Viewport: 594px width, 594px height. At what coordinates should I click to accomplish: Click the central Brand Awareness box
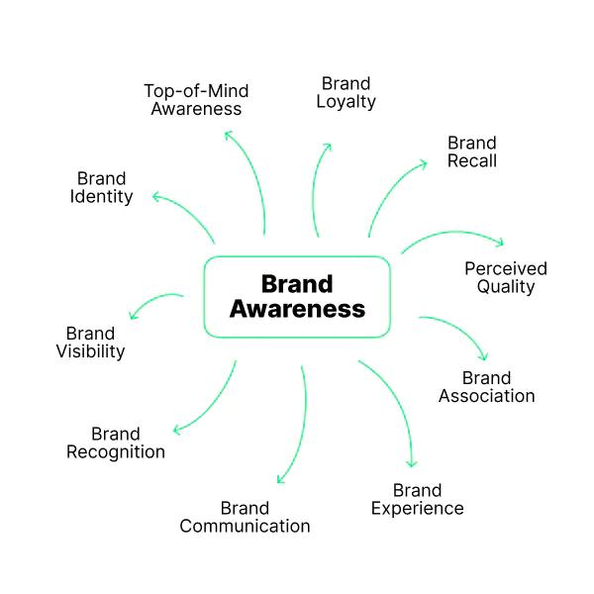pyautogui.click(x=297, y=297)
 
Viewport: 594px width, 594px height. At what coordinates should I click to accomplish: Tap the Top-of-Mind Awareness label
pyautogui.click(x=195, y=99)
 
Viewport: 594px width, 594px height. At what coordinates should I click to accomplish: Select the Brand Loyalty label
pyautogui.click(x=346, y=92)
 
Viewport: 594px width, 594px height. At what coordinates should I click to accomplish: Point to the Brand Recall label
pyautogui.click(x=471, y=151)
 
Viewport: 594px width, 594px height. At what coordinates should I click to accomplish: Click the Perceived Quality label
pyautogui.click(x=505, y=277)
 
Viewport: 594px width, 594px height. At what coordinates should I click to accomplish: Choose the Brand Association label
pyautogui.click(x=485, y=387)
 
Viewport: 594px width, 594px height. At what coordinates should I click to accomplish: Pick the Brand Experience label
pyautogui.click(x=417, y=499)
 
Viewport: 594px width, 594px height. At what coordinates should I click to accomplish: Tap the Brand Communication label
pyautogui.click(x=245, y=517)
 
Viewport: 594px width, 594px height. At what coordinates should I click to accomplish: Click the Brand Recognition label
pyautogui.click(x=116, y=443)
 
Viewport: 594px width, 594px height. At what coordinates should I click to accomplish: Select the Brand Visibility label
pyautogui.click(x=89, y=342)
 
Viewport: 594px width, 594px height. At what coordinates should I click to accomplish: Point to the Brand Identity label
pyautogui.click(x=101, y=187)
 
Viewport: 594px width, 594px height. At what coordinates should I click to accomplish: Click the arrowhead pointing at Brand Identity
pyautogui.click(x=155, y=196)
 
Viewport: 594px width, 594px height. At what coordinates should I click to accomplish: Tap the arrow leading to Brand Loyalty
pyautogui.click(x=317, y=188)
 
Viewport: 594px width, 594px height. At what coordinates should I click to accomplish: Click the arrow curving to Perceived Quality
pyautogui.click(x=455, y=236)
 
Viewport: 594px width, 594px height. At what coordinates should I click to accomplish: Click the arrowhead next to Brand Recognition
pyautogui.click(x=177, y=429)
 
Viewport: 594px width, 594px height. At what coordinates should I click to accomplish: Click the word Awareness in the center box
pyautogui.click(x=297, y=310)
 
